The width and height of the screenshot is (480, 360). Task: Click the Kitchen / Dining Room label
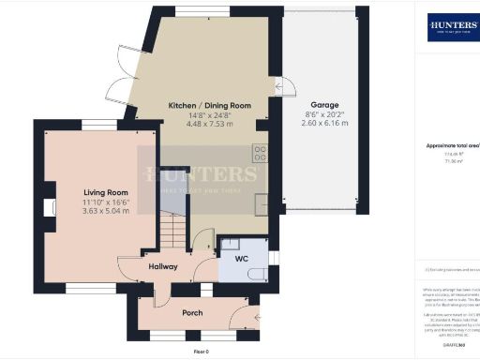click(x=208, y=104)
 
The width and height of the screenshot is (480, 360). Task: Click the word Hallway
click(x=163, y=265)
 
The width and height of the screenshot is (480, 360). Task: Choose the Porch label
click(x=191, y=312)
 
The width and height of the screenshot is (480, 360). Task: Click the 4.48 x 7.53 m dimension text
click(x=208, y=124)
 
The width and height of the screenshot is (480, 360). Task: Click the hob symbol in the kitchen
click(x=260, y=153)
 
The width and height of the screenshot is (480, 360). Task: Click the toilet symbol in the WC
click(x=254, y=273)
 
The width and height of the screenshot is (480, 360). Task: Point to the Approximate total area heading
click(x=453, y=145)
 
